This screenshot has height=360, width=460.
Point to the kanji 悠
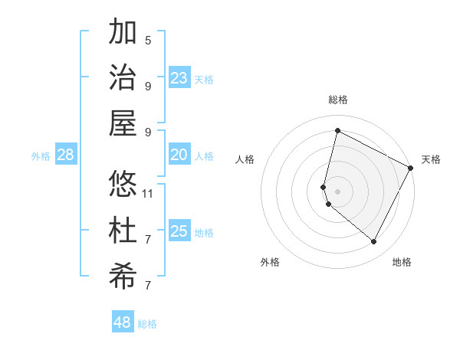[123, 185]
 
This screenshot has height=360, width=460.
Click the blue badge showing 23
[179, 77]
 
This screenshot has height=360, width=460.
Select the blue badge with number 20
[179, 155]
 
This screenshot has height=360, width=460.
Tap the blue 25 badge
[179, 231]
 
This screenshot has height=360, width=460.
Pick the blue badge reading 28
[66, 155]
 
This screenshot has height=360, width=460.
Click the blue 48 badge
[123, 322]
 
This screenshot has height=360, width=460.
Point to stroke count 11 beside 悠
[149, 193]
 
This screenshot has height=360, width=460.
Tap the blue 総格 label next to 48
[147, 324]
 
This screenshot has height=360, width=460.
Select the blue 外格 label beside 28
[41, 156]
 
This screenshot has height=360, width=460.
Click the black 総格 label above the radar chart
[338, 100]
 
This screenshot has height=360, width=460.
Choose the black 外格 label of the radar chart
[270, 262]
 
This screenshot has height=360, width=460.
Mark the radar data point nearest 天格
[411, 168]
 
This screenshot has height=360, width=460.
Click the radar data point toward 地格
[373, 242]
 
